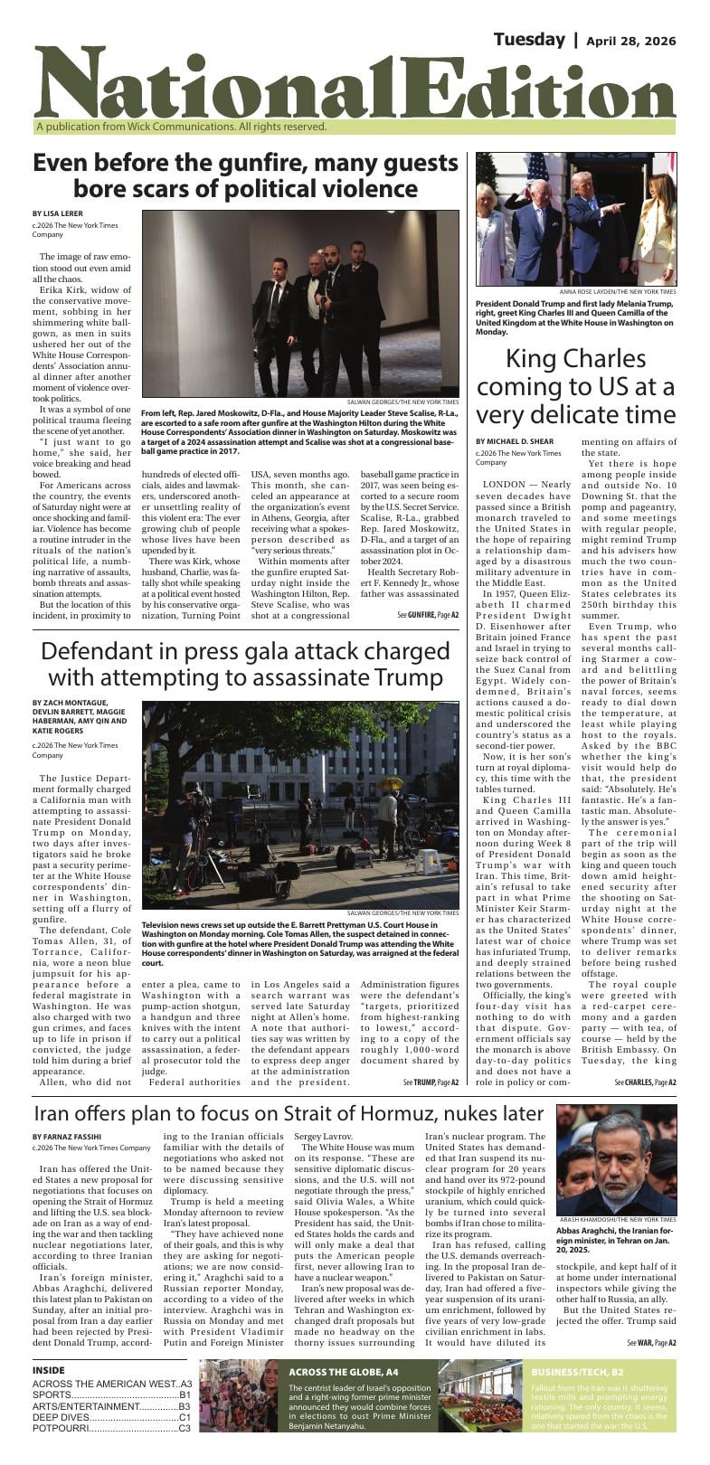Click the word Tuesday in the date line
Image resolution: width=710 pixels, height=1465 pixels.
tap(529, 40)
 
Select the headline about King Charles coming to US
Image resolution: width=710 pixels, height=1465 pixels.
tap(575, 386)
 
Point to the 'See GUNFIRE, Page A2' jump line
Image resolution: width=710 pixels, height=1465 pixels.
tap(428, 615)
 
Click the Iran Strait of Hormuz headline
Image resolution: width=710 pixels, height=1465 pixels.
tap(289, 1113)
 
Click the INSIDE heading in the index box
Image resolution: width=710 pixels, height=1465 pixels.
tap(49, 1370)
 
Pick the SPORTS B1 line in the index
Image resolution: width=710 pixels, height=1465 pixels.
tap(111, 1395)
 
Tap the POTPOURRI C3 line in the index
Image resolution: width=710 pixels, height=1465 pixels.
tap(111, 1429)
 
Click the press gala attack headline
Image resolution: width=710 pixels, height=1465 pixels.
tap(245, 664)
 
